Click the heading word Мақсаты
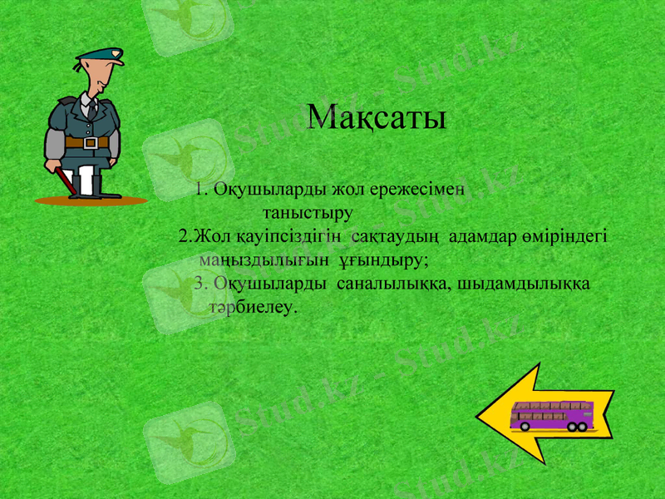coord(376,117)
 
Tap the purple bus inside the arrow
coord(551,415)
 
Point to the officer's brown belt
coord(86,142)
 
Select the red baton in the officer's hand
coord(60,179)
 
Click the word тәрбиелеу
coord(254,307)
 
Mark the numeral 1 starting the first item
coord(199,189)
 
